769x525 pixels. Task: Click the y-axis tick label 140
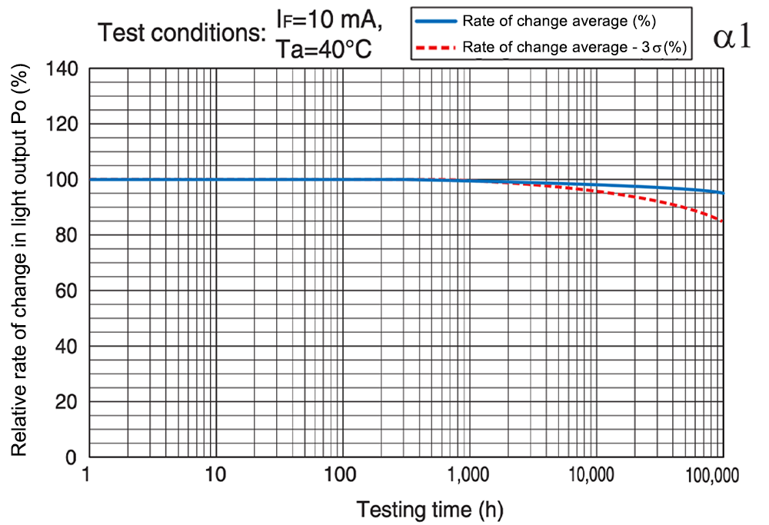click(x=62, y=68)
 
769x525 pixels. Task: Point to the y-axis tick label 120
click(x=62, y=124)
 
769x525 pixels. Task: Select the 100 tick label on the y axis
click(x=62, y=180)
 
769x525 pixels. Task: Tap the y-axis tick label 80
click(x=66, y=235)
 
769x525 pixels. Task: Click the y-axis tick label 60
click(x=66, y=291)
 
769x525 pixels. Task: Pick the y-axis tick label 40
click(x=66, y=346)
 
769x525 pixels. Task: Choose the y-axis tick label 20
click(x=66, y=402)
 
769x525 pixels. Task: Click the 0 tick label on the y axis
click(x=71, y=457)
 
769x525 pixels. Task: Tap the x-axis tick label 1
click(x=90, y=475)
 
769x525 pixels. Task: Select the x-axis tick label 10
click(x=216, y=475)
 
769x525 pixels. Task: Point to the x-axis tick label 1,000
click(x=468, y=475)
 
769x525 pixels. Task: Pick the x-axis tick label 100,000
click(x=710, y=475)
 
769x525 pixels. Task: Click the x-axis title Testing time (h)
click(x=429, y=508)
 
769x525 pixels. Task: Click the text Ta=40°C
click(x=324, y=51)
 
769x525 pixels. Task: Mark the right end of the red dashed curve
click(x=723, y=221)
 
